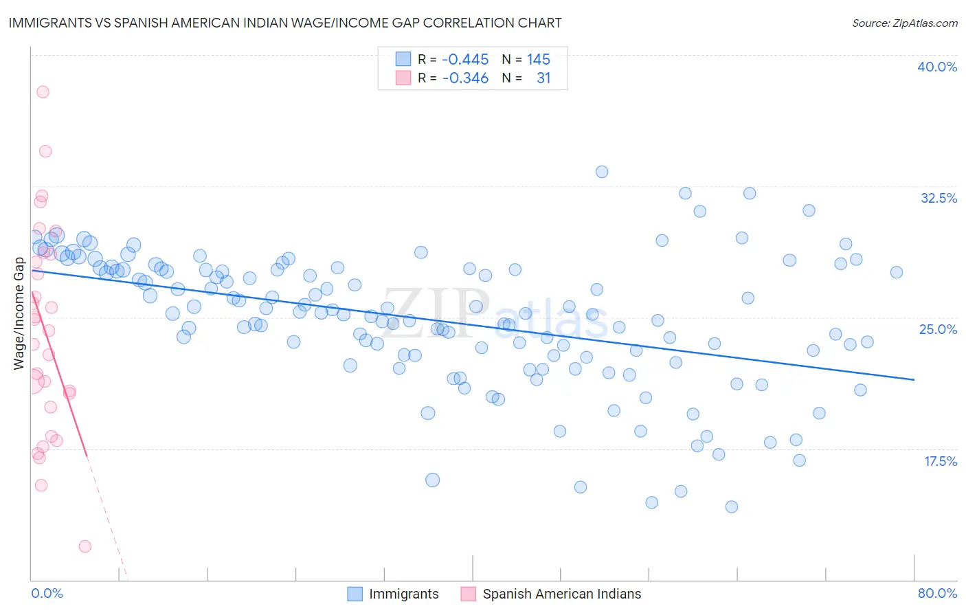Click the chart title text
point(285,23)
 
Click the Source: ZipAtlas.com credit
point(904,23)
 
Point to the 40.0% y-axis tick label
point(937,67)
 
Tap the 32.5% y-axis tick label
point(939,198)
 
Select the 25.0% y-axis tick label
point(938,329)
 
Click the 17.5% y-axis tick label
point(940,461)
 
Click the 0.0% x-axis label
point(47,593)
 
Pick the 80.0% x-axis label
point(937,593)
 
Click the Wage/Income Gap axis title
point(19,313)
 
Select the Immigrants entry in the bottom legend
point(403,594)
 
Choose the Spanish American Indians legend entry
point(561,594)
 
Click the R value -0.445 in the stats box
point(465,60)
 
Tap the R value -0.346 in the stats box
point(465,78)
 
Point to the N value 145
point(538,60)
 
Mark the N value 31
point(543,78)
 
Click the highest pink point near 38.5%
point(43,91)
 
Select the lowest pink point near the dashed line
point(85,546)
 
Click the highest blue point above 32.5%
point(602,172)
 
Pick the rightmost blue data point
point(897,272)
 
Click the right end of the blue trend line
point(914,379)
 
